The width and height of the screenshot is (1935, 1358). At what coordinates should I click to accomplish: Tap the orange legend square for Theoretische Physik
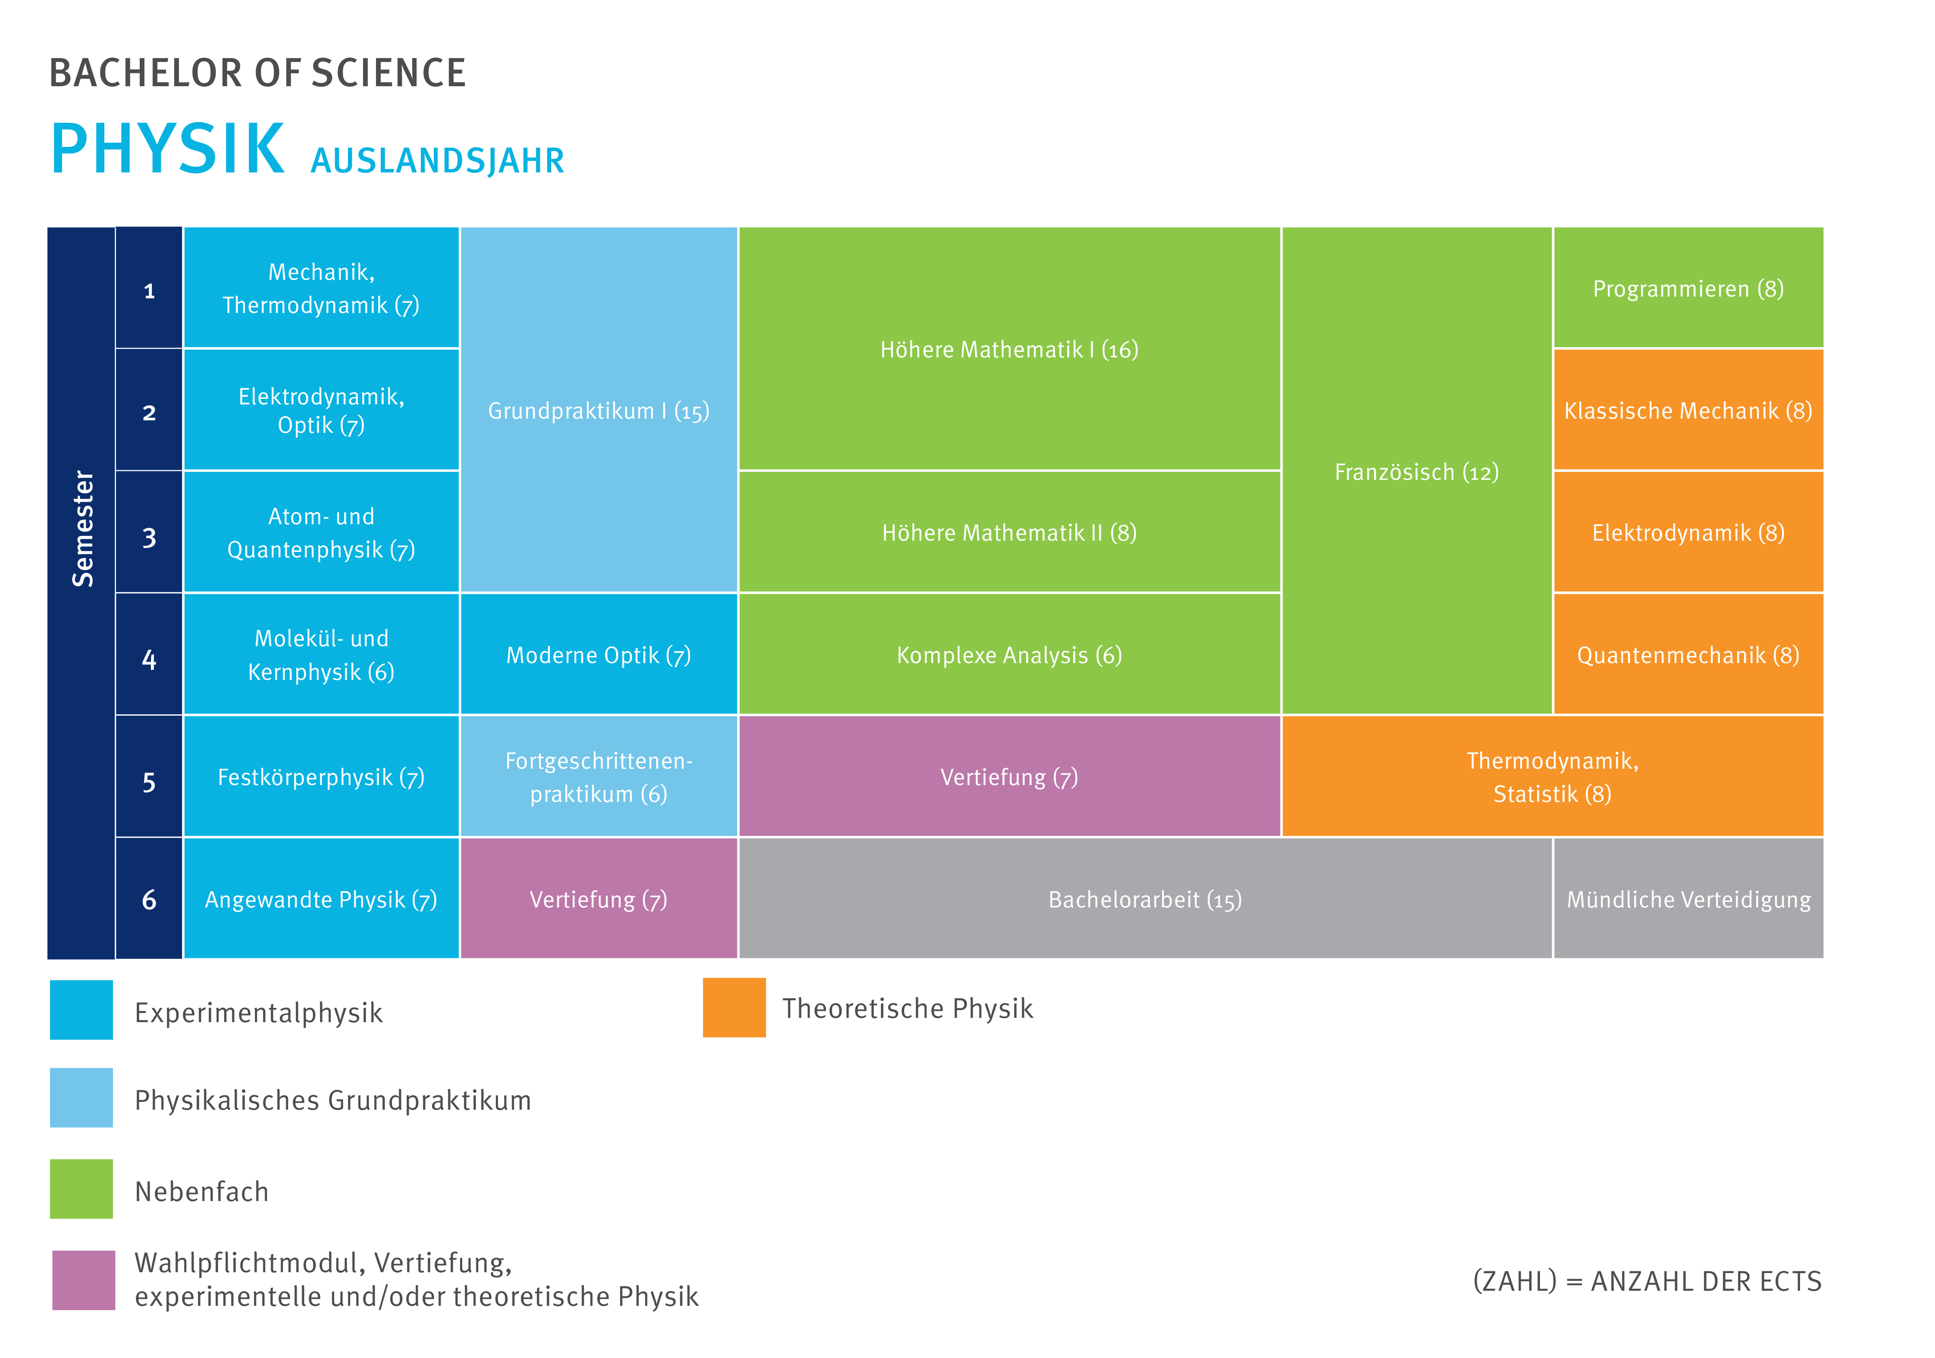pos(734,1008)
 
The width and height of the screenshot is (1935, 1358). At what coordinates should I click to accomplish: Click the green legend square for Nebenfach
pos(81,1189)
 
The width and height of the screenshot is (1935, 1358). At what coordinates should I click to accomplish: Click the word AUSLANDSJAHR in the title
pos(437,160)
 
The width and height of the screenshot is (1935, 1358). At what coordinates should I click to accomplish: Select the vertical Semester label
pos(82,529)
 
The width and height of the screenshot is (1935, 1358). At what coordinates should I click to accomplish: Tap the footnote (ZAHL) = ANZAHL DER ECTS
pos(1647,1280)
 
